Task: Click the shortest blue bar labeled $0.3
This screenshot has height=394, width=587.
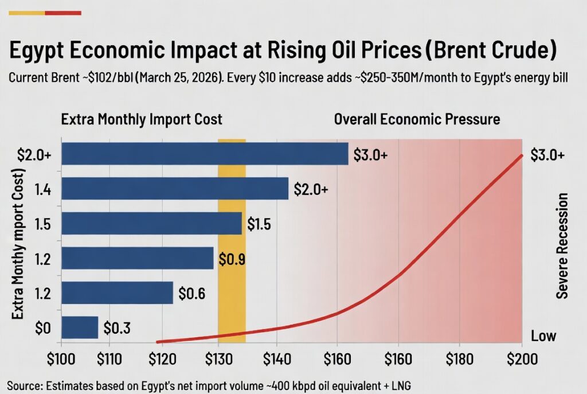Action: (80, 327)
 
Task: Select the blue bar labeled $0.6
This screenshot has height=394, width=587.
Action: (117, 292)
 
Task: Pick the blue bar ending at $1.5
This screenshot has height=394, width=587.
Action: (151, 224)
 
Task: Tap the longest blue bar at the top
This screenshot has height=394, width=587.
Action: (205, 154)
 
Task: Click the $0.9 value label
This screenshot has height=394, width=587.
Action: (232, 259)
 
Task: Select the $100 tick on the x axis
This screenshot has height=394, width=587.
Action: (60, 360)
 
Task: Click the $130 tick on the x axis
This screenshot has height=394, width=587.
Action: (218, 360)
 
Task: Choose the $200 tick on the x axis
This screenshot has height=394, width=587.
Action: (522, 360)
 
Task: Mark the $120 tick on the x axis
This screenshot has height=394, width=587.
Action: (162, 360)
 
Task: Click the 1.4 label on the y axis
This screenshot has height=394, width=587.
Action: (42, 189)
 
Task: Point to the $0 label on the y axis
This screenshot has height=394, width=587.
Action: (42, 328)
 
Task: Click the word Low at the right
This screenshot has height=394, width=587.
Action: (543, 335)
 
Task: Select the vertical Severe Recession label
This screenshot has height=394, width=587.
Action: (562, 245)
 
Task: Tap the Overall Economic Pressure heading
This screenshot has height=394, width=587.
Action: (417, 120)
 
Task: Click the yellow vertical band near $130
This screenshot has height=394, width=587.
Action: (232, 287)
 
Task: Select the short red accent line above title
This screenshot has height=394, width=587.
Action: (62, 13)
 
